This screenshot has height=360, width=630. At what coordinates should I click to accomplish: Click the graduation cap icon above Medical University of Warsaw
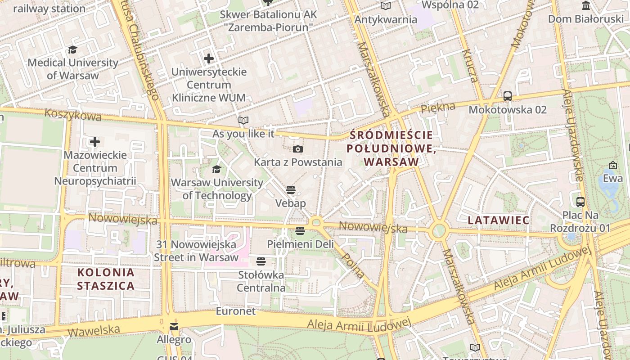click(72, 49)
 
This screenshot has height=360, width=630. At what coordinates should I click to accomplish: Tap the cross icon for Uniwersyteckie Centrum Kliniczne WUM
click(209, 58)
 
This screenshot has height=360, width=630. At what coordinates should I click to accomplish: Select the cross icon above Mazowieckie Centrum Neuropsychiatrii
click(94, 142)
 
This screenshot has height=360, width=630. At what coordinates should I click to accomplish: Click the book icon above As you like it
click(243, 121)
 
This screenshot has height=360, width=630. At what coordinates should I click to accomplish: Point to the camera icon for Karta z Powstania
click(298, 149)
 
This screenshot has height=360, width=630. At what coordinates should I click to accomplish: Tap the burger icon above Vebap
click(290, 190)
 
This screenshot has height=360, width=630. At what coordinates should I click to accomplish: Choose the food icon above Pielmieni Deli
click(300, 231)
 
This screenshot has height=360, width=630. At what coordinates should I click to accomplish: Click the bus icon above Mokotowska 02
click(508, 96)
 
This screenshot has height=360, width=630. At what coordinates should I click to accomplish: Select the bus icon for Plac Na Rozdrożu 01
click(580, 202)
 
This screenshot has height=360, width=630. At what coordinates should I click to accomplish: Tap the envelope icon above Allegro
click(174, 327)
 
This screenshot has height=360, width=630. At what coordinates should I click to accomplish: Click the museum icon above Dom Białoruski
click(586, 6)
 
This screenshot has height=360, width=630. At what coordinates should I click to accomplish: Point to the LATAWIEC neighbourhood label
click(498, 220)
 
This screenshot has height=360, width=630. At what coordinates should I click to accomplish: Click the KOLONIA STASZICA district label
click(106, 279)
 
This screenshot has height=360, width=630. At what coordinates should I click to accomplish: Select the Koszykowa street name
click(73, 115)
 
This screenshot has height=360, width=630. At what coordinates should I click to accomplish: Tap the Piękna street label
click(438, 107)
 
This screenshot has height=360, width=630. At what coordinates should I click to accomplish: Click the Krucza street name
click(471, 66)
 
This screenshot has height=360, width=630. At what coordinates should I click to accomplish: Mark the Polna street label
click(353, 265)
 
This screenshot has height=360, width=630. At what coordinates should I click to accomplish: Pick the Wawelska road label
click(94, 331)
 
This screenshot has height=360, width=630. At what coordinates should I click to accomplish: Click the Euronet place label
click(235, 311)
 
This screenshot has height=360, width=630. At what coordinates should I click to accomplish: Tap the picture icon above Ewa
click(612, 165)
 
